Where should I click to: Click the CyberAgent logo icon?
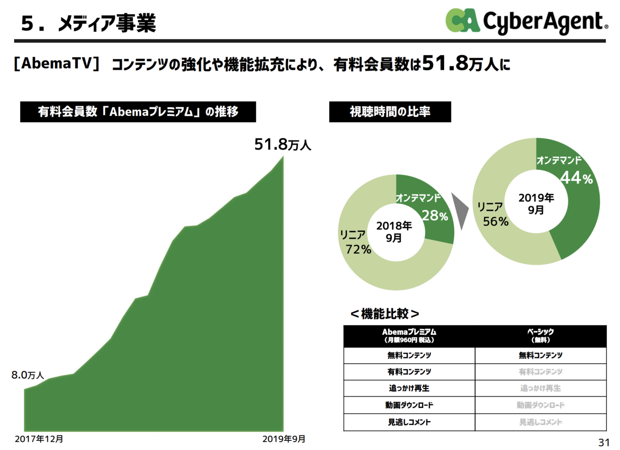[463, 21]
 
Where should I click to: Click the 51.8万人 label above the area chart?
[283, 144]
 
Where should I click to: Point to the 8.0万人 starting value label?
[28, 375]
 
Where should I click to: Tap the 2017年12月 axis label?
[39, 439]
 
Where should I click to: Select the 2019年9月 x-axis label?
[284, 439]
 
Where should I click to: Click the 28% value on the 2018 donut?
[434, 216]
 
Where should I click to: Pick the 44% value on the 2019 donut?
[576, 178]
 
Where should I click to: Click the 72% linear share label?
[358, 249]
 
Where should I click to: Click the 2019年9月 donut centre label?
[536, 203]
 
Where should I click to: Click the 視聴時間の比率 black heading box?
[390, 111]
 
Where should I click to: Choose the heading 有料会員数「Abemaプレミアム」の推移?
[138, 111]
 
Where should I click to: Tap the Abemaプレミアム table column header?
[409, 336]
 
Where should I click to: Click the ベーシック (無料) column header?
[540, 336]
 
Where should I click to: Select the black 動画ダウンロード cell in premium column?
[409, 405]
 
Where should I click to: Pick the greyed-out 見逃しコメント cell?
[540, 422]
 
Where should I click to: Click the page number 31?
[603, 442]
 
